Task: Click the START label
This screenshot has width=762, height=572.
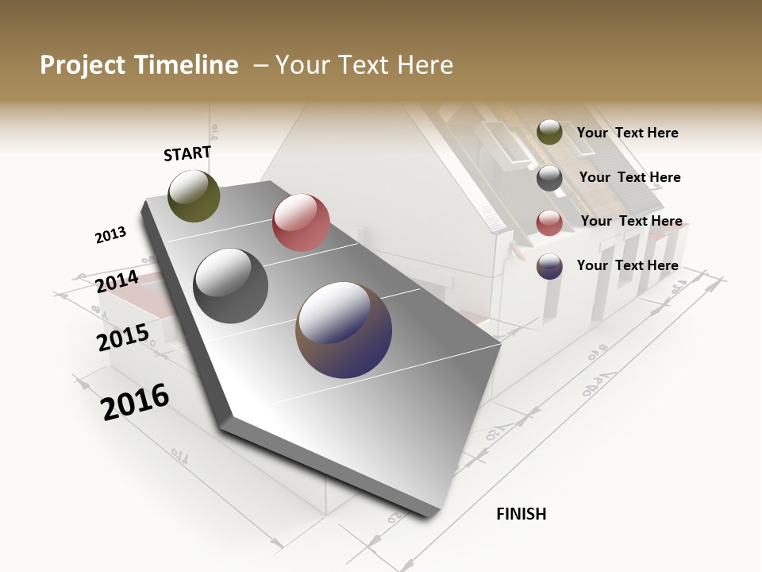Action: (x=187, y=153)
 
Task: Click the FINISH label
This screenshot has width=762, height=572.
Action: (x=521, y=514)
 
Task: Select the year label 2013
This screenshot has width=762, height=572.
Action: (x=110, y=235)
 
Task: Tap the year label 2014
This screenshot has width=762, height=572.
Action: (x=117, y=282)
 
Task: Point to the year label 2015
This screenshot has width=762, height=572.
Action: (x=123, y=338)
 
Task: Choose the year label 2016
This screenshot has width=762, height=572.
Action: (x=135, y=402)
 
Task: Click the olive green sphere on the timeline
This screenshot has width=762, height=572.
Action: (x=194, y=196)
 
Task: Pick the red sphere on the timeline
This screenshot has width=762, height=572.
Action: (x=301, y=222)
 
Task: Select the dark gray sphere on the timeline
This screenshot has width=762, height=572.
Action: (x=230, y=286)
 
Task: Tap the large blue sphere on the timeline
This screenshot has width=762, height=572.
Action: (x=344, y=330)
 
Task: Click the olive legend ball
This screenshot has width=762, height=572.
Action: (x=549, y=132)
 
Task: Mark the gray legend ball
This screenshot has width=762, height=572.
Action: (x=549, y=178)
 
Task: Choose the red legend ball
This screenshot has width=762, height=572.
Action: (x=549, y=222)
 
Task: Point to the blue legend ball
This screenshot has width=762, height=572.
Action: (x=549, y=266)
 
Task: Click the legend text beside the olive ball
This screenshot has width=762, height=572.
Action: (x=627, y=133)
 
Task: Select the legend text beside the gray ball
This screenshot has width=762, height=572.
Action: (x=629, y=177)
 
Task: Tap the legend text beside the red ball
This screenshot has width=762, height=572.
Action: (x=631, y=221)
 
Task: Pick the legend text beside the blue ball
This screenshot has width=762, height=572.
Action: (x=627, y=265)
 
